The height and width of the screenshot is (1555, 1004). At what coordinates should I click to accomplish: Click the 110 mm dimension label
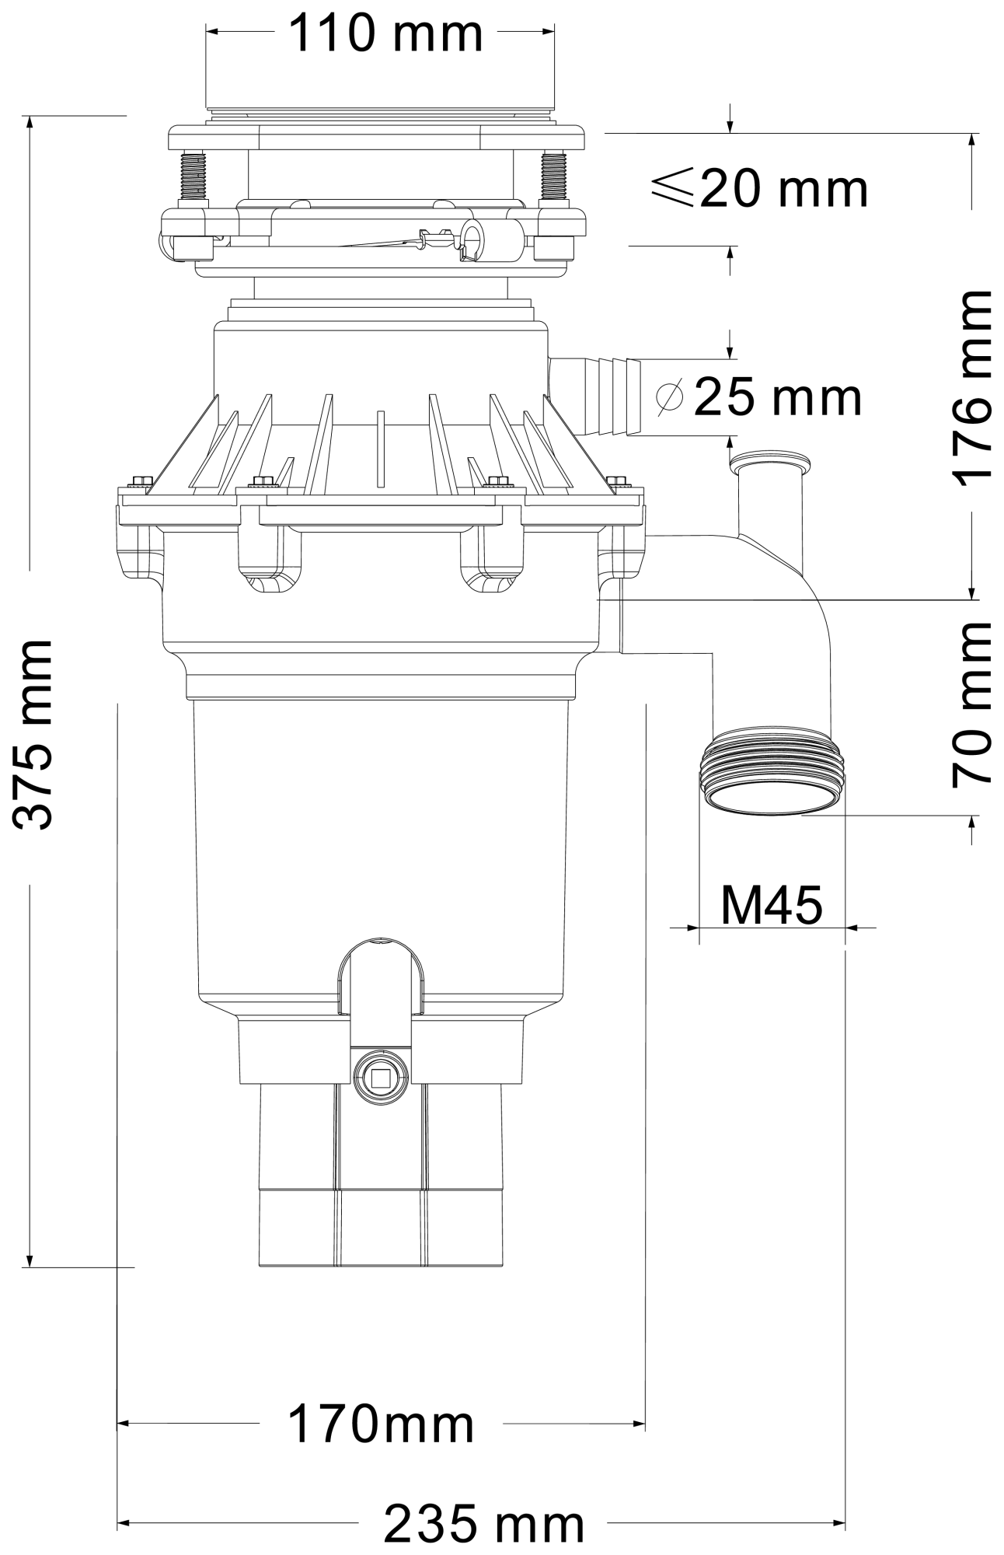(x=386, y=33)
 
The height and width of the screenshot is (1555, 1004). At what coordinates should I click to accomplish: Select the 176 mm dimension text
(x=971, y=388)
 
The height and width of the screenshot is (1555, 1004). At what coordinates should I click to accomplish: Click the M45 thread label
(x=771, y=904)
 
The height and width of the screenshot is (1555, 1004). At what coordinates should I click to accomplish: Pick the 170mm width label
(x=381, y=1424)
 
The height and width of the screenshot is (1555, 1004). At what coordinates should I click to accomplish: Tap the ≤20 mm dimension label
(x=758, y=188)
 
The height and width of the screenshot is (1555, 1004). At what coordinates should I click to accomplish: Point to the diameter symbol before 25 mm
(x=669, y=397)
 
